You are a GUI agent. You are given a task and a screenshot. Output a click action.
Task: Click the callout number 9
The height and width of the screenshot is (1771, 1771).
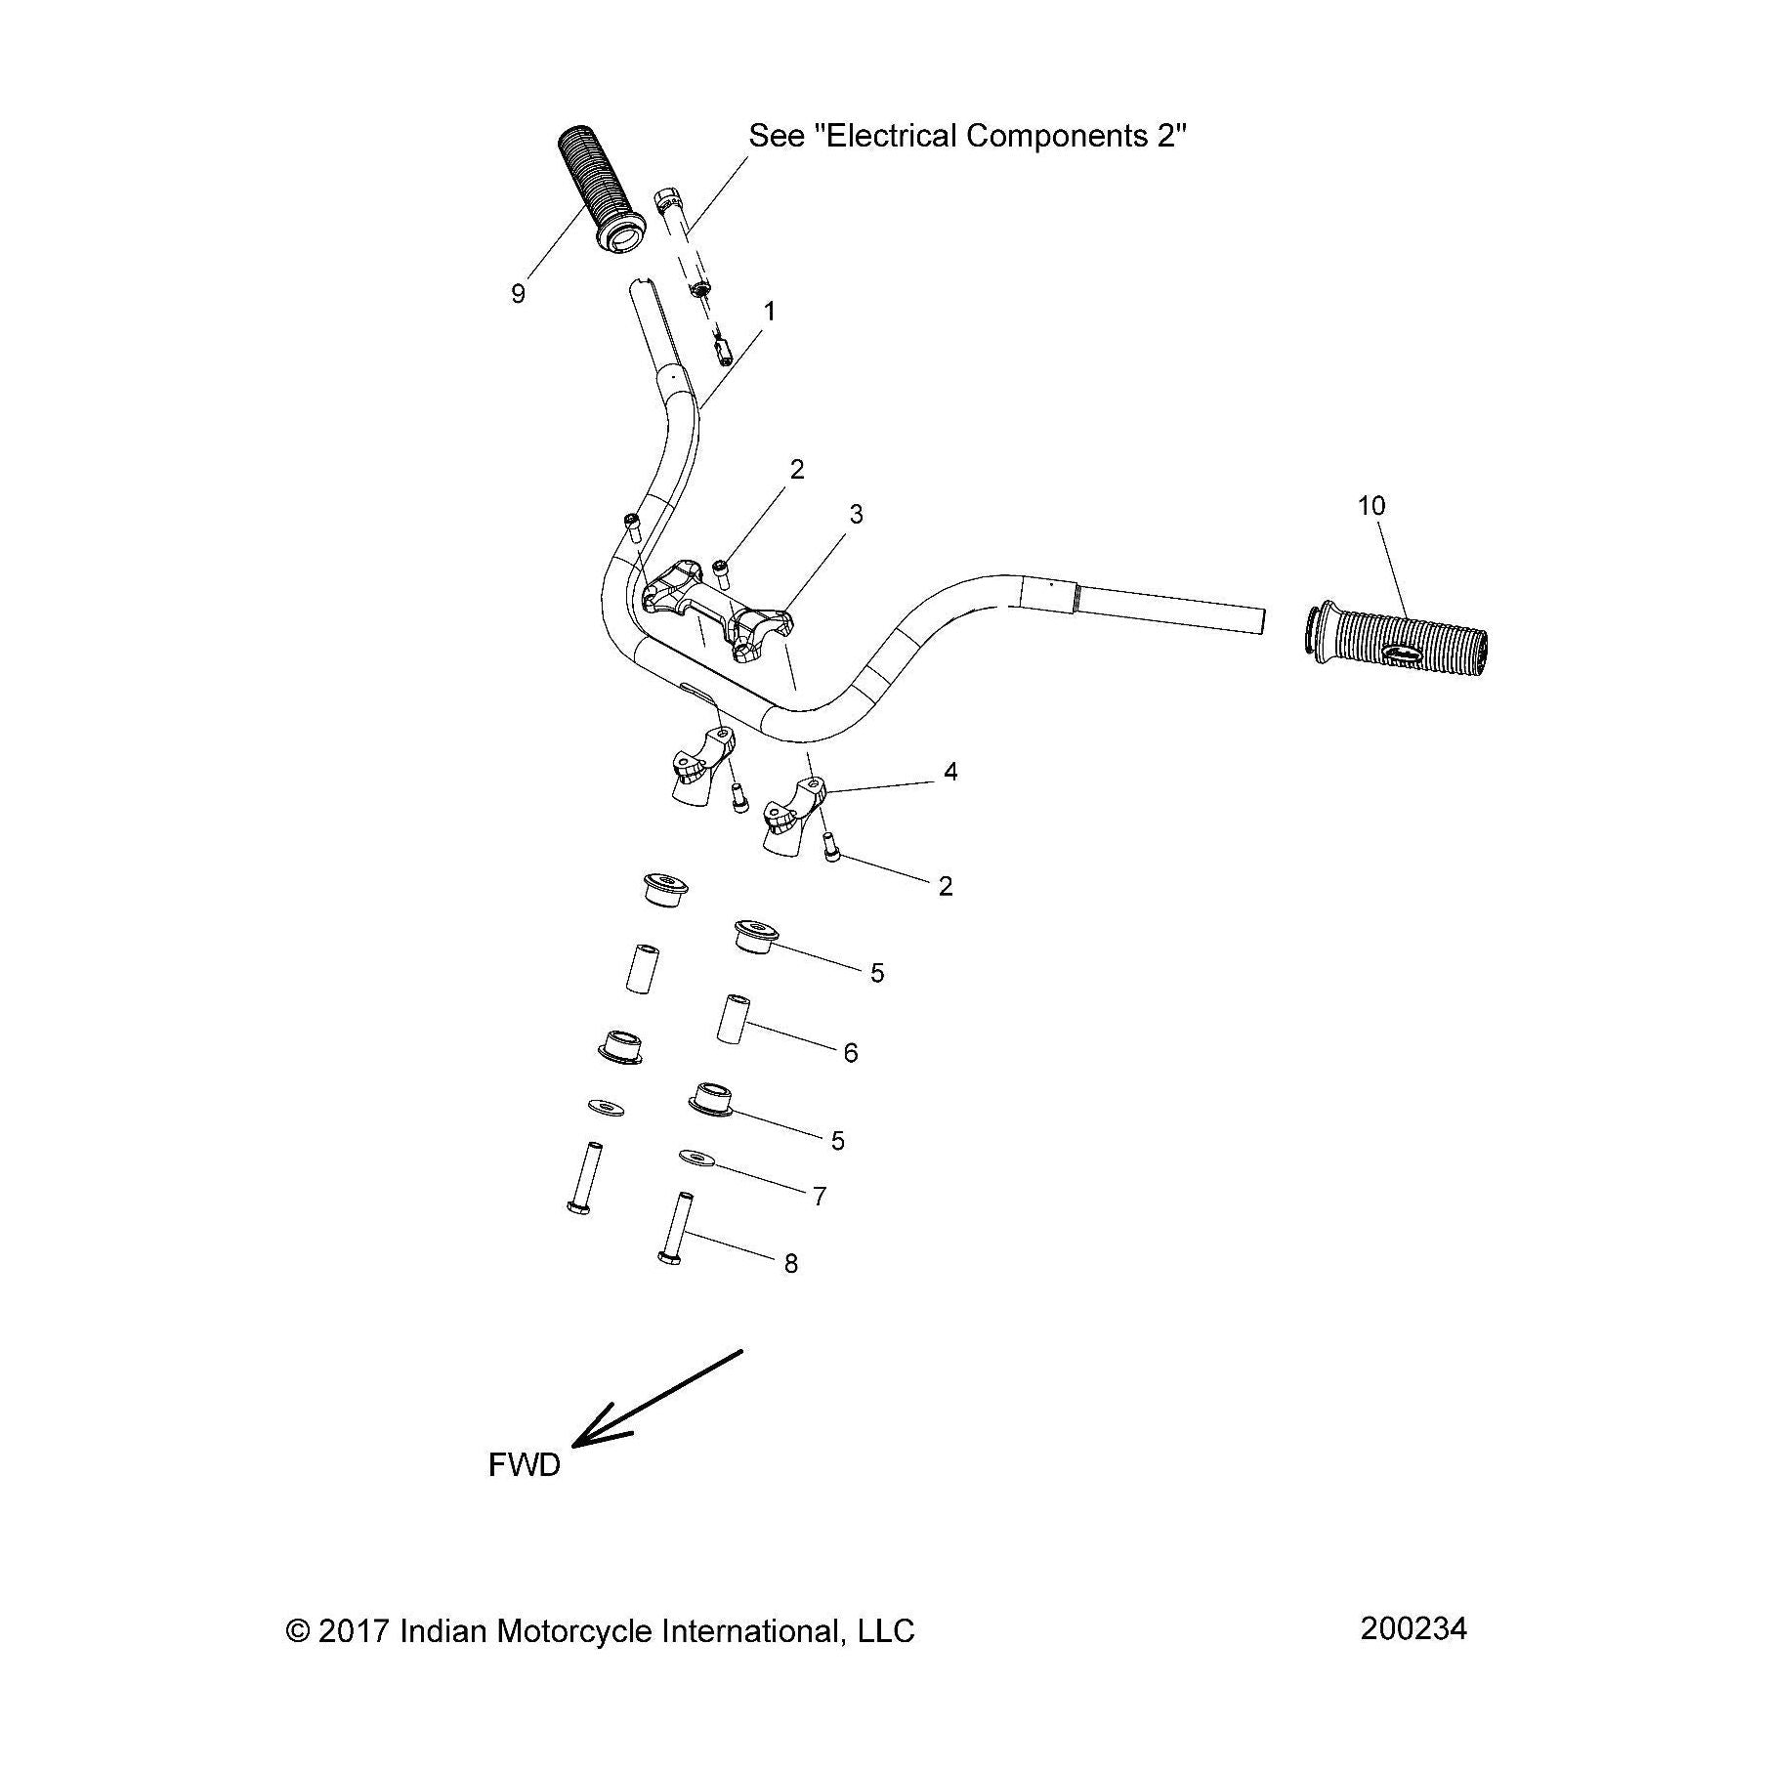518,294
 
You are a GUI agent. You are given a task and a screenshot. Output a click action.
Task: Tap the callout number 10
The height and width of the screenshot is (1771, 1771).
1371,506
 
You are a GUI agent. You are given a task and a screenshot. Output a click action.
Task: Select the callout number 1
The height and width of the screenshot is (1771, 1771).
770,312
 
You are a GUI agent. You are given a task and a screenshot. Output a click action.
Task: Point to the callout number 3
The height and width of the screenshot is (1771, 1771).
857,515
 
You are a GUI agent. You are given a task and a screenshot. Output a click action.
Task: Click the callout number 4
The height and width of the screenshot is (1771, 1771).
950,772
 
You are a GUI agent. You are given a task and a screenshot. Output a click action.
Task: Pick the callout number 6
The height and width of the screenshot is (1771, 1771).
851,1052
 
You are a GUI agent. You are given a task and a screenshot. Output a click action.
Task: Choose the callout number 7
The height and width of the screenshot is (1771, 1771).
820,1196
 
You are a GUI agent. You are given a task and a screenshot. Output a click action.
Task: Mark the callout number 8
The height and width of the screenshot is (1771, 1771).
791,1264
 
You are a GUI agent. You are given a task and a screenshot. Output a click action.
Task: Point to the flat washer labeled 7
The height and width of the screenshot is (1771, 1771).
696,1158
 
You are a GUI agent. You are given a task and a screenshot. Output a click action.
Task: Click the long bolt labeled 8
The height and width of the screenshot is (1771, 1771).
676,1230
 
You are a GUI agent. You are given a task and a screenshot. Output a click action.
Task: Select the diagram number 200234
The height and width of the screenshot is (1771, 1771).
1413,1629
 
